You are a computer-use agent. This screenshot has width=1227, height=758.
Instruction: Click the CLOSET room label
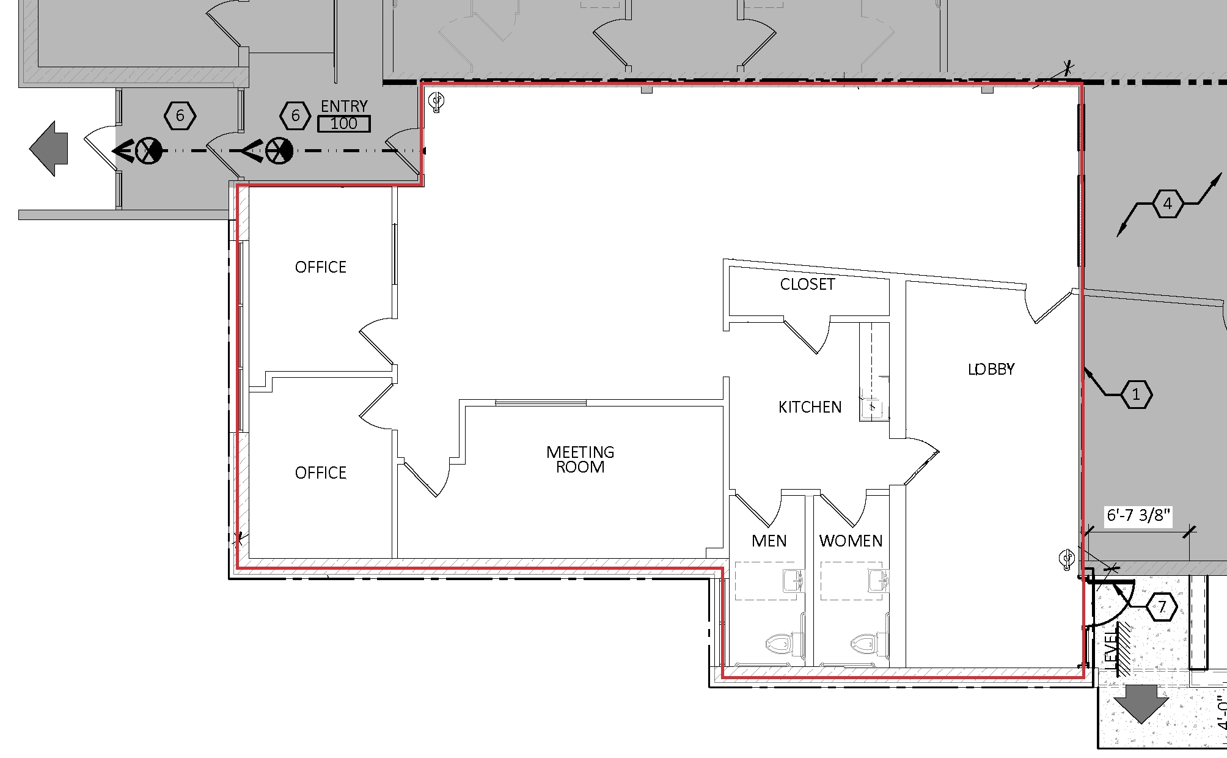point(807,284)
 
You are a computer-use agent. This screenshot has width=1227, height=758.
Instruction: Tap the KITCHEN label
point(810,407)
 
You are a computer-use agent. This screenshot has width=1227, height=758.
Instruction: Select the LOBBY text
point(991,369)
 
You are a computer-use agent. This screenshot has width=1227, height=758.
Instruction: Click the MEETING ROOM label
point(580,460)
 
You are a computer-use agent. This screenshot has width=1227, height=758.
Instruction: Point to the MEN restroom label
point(769,541)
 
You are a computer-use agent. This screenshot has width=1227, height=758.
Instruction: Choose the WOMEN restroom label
point(851,541)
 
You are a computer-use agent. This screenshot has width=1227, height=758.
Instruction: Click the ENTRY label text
point(344,106)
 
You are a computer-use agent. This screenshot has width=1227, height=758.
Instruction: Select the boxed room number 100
point(344,124)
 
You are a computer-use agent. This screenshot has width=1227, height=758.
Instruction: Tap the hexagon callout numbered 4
point(1167,204)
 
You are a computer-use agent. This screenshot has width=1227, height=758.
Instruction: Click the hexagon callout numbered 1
point(1136,395)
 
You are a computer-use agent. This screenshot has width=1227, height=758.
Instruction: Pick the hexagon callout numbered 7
point(1162,607)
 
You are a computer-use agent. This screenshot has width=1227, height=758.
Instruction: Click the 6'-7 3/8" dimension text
point(1138,515)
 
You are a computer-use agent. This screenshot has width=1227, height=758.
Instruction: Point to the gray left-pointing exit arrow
point(49,149)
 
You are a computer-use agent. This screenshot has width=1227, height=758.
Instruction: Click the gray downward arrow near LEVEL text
point(1141,703)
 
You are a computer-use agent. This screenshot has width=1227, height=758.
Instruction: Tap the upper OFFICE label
point(320,267)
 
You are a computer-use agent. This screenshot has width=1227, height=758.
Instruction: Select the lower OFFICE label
point(320,473)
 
